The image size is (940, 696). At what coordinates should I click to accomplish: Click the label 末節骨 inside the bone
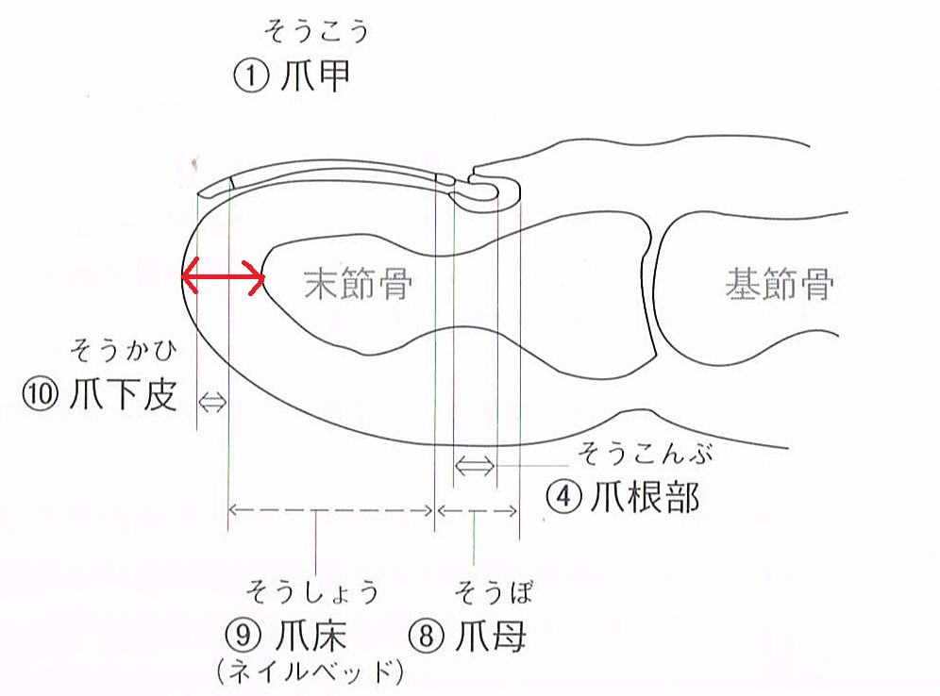pyautogui.click(x=358, y=282)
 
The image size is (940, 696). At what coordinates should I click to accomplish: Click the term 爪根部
pyautogui.click(x=643, y=496)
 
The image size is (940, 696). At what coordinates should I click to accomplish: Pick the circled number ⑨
pyautogui.click(x=244, y=636)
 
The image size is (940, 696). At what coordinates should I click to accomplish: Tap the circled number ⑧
pyautogui.click(x=427, y=636)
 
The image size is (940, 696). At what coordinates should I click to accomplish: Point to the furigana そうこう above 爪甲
pyautogui.click(x=314, y=34)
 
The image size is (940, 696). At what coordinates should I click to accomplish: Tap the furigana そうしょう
pyautogui.click(x=312, y=592)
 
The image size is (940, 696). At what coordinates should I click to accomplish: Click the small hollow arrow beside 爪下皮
pyautogui.click(x=212, y=402)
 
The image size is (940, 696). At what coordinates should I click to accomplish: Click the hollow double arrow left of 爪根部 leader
pyautogui.click(x=475, y=465)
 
